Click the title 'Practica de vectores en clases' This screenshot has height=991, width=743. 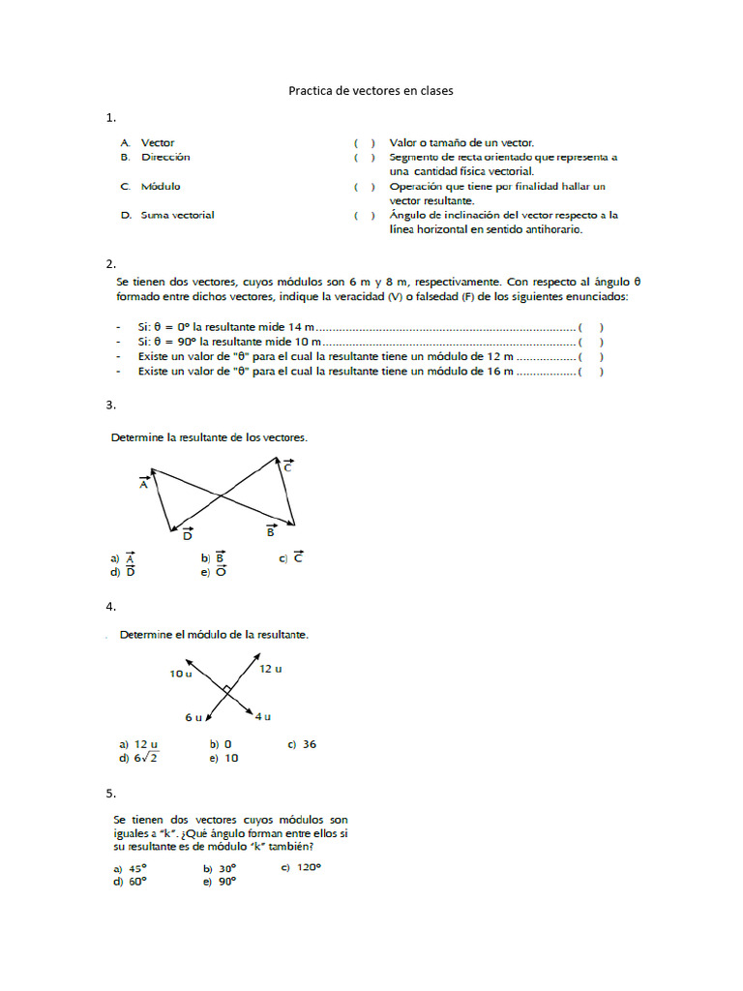pyautogui.click(x=371, y=91)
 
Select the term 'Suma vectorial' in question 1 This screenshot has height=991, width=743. pyautogui.click(x=177, y=215)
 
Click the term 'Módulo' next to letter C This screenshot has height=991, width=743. pyautogui.click(x=161, y=186)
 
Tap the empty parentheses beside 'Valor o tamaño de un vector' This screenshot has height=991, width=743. pyautogui.click(x=364, y=142)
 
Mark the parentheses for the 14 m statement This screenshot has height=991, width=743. pyautogui.click(x=590, y=328)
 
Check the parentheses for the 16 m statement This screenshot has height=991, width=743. pyautogui.click(x=590, y=371)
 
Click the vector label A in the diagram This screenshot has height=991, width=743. pyautogui.click(x=144, y=484)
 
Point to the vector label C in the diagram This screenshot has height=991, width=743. pyautogui.click(x=287, y=465)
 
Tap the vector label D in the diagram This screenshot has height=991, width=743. pyautogui.click(x=188, y=533)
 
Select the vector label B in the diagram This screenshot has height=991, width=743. pyautogui.click(x=271, y=530)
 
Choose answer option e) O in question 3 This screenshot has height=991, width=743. pyautogui.click(x=214, y=572)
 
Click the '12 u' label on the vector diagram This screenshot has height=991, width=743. pyautogui.click(x=271, y=669)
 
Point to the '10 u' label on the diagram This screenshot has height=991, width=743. pyautogui.click(x=180, y=673)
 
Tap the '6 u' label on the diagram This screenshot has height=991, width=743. pyautogui.click(x=193, y=717)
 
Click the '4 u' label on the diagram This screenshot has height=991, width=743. pyautogui.click(x=263, y=716)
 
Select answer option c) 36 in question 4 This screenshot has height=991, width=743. pyautogui.click(x=302, y=744)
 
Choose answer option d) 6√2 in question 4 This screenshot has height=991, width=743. pyautogui.click(x=138, y=759)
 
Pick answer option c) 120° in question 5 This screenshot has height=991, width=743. pyautogui.click(x=300, y=867)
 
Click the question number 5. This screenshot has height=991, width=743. pyautogui.click(x=111, y=794)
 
